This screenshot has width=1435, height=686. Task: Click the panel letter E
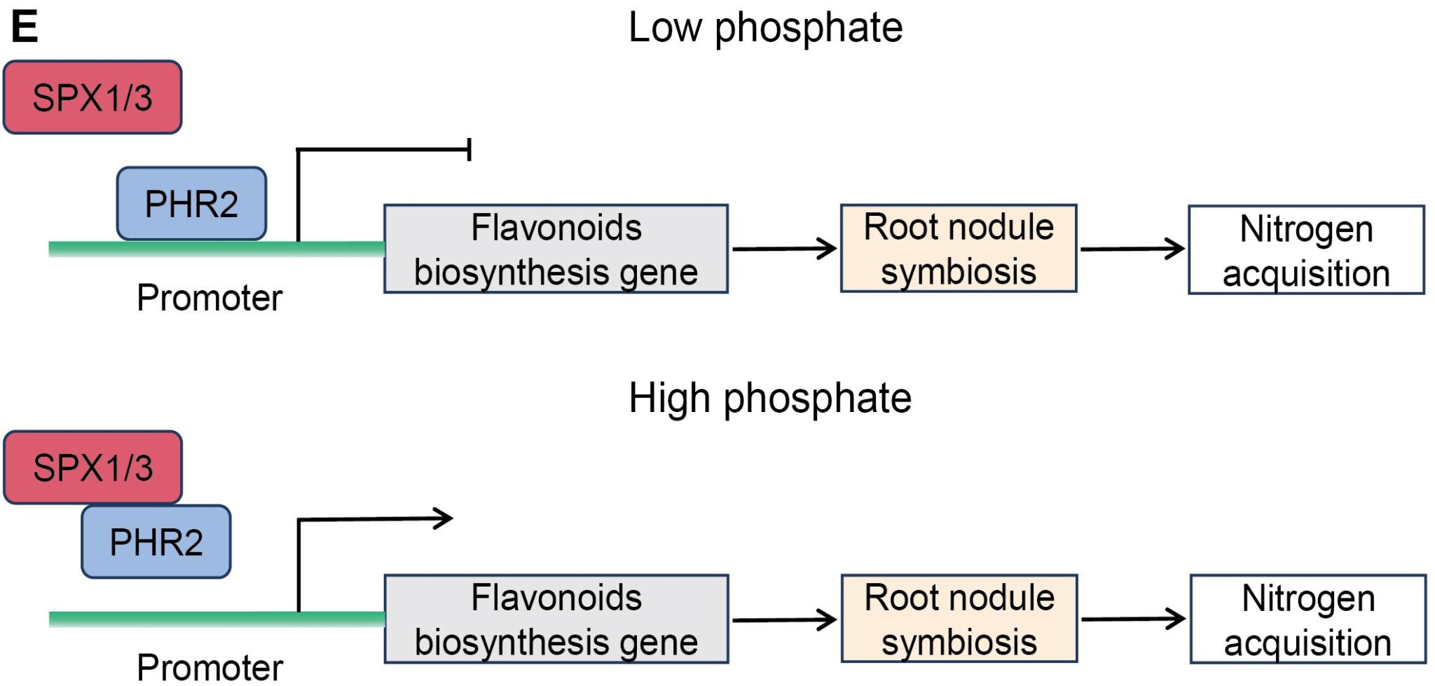click(25, 28)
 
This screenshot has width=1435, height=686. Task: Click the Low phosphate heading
click(765, 29)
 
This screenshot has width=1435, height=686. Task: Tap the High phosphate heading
click(769, 399)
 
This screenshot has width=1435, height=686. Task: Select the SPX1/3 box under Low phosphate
click(92, 97)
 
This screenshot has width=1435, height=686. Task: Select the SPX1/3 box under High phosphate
click(93, 467)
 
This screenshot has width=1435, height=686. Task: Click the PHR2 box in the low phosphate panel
click(191, 204)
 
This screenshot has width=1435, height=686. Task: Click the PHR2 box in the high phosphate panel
click(156, 542)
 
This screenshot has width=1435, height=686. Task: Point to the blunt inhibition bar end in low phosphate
click(469, 149)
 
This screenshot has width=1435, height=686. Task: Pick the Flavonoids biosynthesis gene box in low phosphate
click(556, 249)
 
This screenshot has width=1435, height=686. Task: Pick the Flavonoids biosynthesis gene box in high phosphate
click(556, 619)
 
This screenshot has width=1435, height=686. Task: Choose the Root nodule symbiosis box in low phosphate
click(959, 249)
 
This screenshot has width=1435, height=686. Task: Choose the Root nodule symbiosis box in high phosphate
click(959, 619)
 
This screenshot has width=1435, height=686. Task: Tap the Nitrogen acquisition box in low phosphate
click(1306, 250)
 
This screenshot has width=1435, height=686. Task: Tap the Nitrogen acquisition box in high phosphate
click(1307, 619)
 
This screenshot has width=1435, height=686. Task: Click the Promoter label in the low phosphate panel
click(210, 298)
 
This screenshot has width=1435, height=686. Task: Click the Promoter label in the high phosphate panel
click(210, 667)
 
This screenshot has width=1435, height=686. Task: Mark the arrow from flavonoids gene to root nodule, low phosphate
click(784, 249)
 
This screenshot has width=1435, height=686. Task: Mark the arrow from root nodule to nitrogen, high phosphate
click(1133, 619)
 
